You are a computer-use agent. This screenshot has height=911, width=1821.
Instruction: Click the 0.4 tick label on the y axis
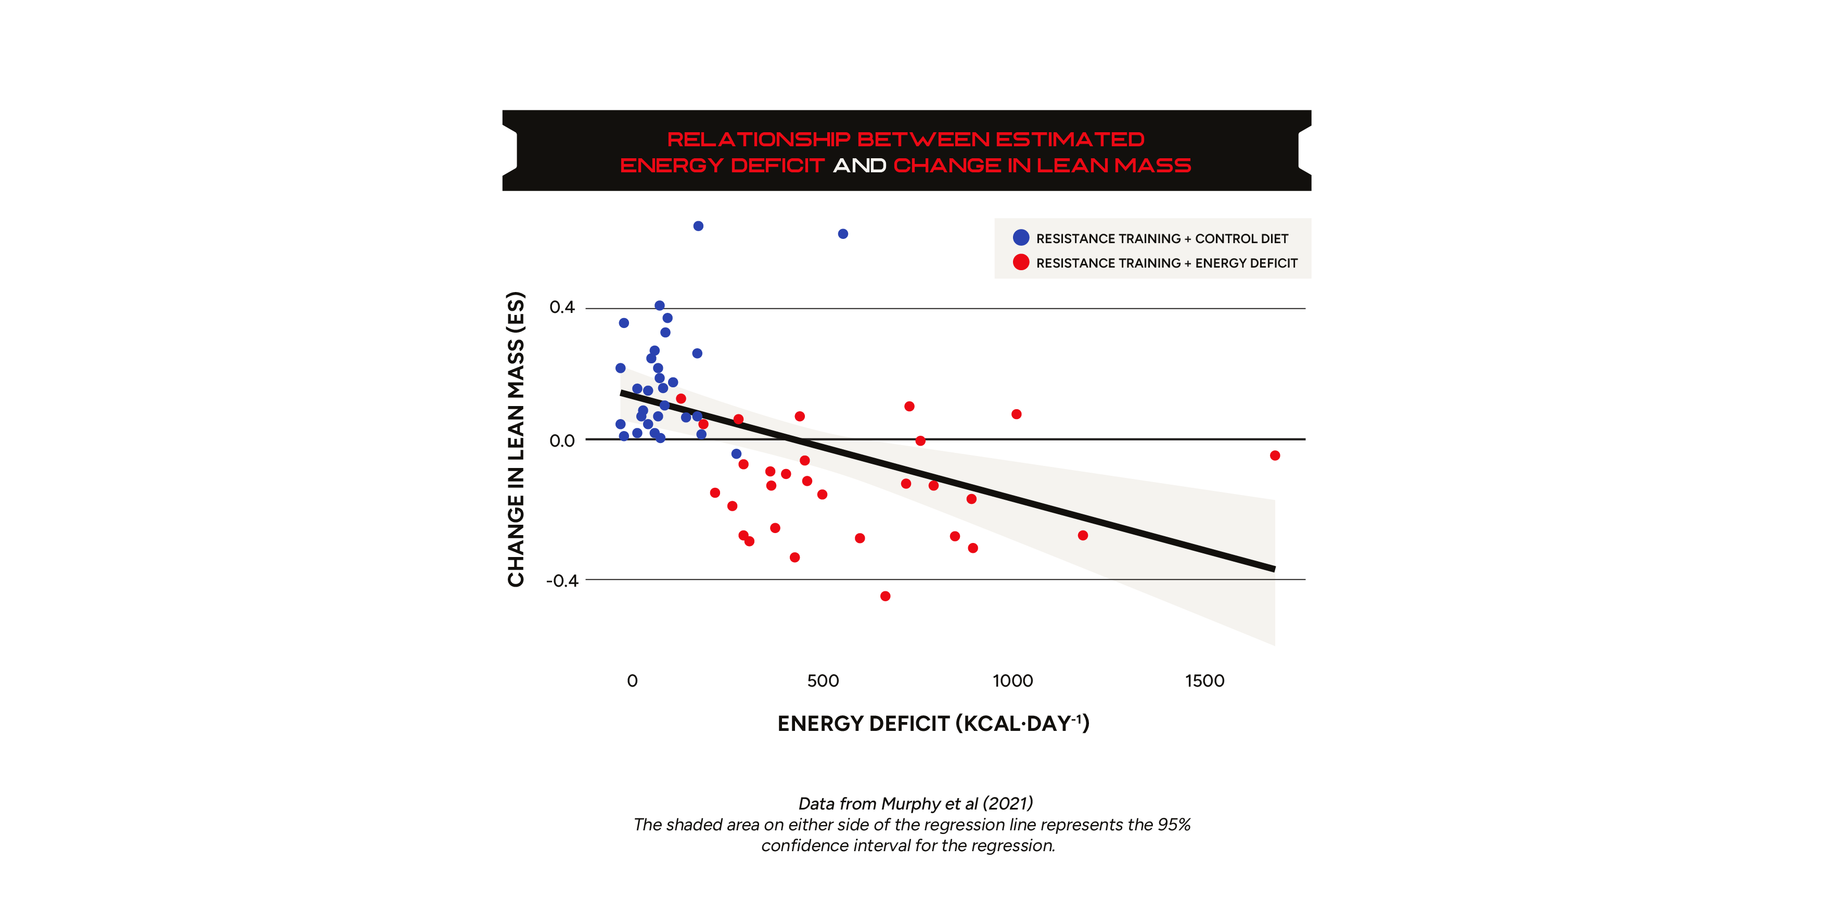(562, 308)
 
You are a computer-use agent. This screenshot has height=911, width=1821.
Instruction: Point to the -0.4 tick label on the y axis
(562, 580)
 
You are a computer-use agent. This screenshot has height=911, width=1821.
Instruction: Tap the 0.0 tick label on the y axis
(562, 440)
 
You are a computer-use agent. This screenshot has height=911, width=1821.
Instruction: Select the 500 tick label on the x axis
(823, 681)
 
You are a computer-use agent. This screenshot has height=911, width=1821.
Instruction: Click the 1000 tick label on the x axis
(1012, 681)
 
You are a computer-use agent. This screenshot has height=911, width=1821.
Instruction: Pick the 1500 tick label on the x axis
(1204, 681)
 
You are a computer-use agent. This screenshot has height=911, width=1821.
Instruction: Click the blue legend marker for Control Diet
(1021, 238)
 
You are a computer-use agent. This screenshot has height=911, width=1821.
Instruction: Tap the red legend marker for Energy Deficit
(1021, 262)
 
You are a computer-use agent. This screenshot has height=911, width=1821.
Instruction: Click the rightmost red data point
(1275, 455)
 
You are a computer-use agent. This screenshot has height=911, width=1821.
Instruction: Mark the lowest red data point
(885, 596)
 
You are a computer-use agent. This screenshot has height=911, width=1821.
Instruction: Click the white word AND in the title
(859, 166)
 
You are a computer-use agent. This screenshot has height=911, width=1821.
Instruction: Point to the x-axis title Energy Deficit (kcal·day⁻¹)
(933, 724)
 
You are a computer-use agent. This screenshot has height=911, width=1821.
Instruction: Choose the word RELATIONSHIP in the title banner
(758, 140)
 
